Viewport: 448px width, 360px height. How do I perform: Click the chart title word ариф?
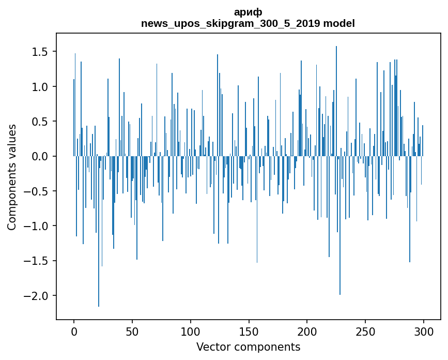[248, 13]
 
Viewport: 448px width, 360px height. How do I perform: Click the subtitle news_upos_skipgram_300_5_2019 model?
[248, 24]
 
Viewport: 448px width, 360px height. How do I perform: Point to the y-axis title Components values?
[11, 177]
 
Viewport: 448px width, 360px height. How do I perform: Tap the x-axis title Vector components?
[248, 347]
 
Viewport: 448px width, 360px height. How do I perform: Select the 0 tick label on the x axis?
[74, 331]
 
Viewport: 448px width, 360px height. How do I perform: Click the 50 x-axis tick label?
[132, 331]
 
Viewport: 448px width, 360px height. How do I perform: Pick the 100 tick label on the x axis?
[191, 331]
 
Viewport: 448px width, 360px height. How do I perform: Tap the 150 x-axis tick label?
[249, 331]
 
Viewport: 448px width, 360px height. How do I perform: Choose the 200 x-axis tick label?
[307, 331]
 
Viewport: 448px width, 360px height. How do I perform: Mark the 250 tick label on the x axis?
[366, 331]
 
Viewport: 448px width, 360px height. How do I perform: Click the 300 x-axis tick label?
[424, 331]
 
